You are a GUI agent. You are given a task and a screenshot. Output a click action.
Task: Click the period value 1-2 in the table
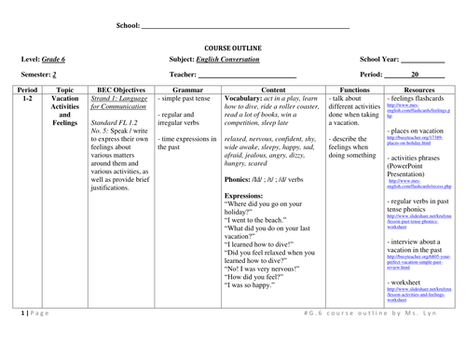(27, 97)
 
